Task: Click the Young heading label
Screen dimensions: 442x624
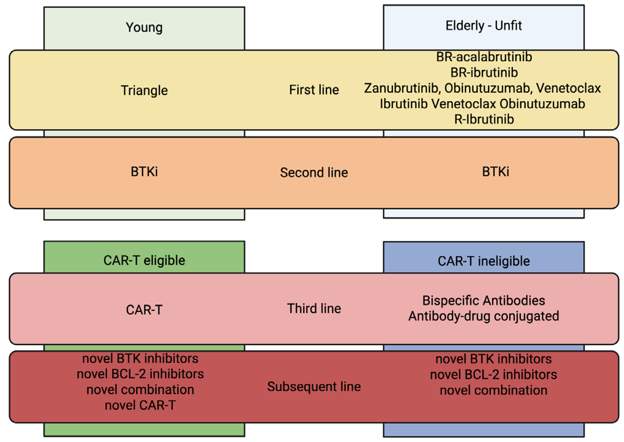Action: coord(144,27)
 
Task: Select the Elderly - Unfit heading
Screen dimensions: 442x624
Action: coord(483,26)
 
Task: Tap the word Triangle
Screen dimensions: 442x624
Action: coord(144,90)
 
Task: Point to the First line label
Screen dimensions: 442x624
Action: coord(314,90)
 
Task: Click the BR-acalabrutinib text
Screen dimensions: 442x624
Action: coord(484,57)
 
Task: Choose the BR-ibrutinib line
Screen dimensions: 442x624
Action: coord(484,72)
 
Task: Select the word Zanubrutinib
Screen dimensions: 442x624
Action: coord(402,88)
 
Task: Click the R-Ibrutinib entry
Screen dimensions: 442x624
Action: coord(484,119)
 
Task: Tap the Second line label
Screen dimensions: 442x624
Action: coord(314,173)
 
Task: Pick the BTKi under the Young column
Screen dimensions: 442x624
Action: coord(144,172)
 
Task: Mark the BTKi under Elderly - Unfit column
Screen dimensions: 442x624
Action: coord(495,172)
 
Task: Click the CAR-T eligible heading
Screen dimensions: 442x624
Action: coord(144,261)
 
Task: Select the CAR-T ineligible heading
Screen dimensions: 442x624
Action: coord(483,261)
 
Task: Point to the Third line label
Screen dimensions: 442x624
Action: coord(314,309)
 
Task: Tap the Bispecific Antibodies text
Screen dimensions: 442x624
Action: coord(483,301)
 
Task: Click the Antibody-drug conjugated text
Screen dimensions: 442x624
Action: coord(483,316)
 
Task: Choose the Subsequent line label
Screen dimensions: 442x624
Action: coord(314,386)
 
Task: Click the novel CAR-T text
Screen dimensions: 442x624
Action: coord(140,405)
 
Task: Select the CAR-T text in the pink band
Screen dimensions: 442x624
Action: coord(144,310)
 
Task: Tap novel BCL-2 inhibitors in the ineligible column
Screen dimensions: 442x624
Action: coord(493,375)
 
